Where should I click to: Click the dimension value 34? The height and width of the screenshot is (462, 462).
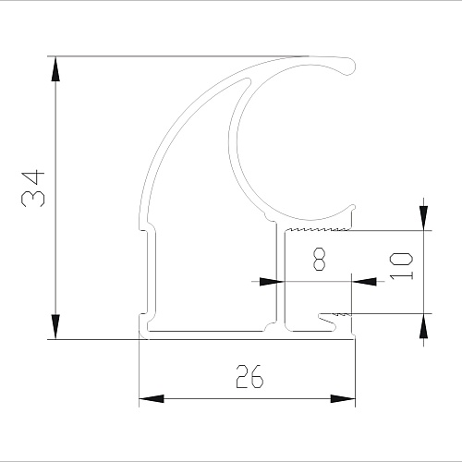[33, 188]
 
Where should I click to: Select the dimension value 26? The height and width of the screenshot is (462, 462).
[249, 376]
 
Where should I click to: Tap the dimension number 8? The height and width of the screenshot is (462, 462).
[319, 260]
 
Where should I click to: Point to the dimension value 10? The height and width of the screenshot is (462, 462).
[401, 266]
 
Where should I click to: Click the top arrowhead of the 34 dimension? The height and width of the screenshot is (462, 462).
[55, 69]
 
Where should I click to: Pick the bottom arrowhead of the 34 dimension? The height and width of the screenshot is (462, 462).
[55, 326]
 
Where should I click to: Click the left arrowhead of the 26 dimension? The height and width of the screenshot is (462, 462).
[152, 398]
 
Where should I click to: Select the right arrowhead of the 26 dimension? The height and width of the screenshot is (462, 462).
[343, 398]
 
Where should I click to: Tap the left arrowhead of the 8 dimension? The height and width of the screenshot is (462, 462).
[272, 281]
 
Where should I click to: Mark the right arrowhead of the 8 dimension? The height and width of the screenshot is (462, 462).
[364, 281]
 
